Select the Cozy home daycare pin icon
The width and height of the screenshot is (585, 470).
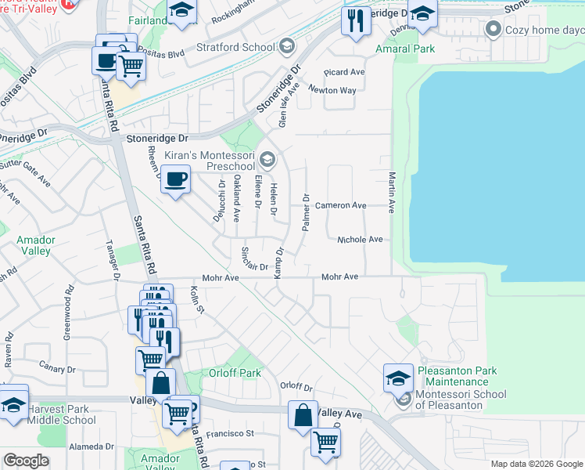[493, 30]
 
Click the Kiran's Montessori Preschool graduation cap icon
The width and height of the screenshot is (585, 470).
[267, 160]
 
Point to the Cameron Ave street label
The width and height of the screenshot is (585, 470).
[341, 205]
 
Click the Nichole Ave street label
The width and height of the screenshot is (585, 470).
[360, 239]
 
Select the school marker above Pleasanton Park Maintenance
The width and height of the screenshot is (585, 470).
[398, 378]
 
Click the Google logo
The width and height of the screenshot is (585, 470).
[26, 461]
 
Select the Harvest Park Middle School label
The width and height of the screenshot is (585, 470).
[62, 414]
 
